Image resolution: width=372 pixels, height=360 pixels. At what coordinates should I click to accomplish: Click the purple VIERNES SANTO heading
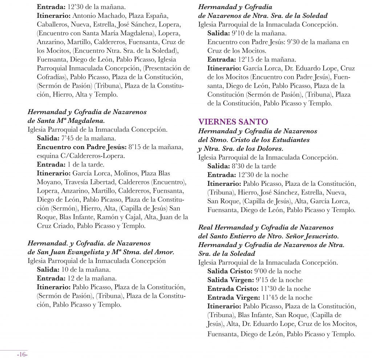click(x=233, y=121)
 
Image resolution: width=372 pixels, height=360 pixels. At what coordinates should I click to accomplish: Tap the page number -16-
click(x=22, y=355)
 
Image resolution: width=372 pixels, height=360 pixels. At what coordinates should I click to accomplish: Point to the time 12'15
click(x=247, y=60)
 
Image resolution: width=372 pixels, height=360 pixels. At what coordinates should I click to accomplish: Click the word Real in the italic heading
click(x=206, y=227)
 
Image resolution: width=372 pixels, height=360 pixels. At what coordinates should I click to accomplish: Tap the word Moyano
click(x=49, y=182)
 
